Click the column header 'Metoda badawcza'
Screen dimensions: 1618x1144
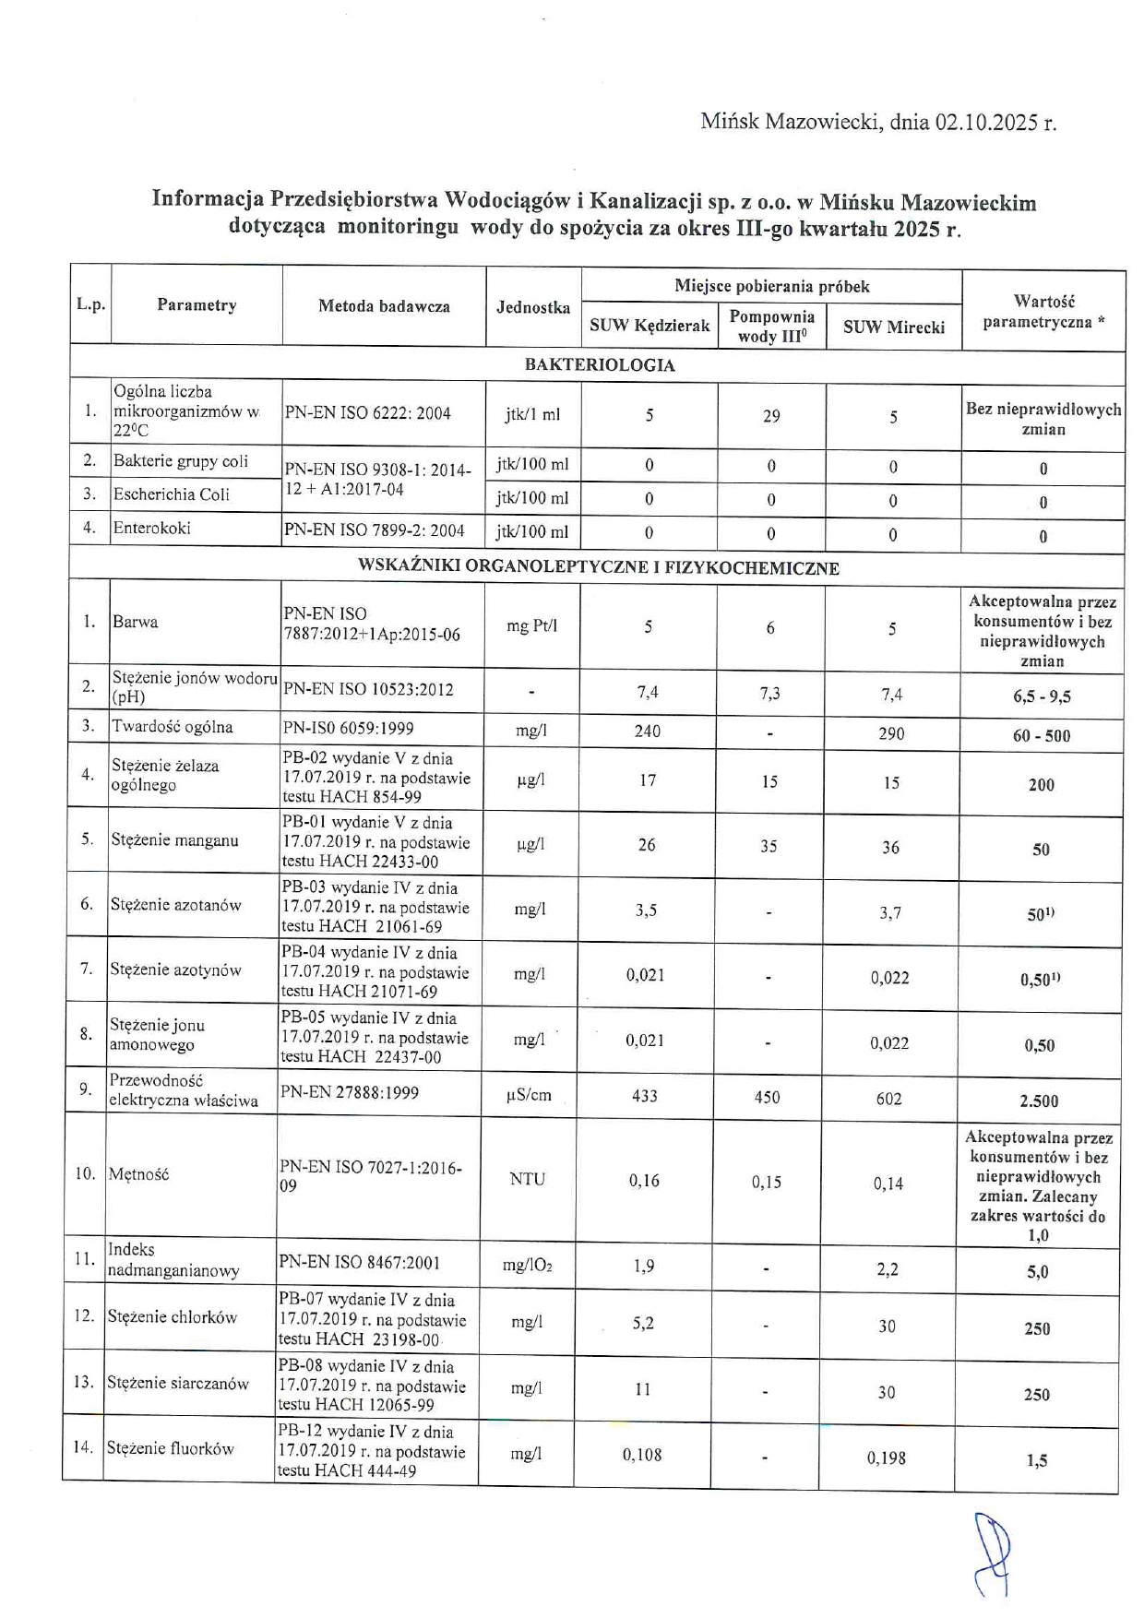pyautogui.click(x=384, y=306)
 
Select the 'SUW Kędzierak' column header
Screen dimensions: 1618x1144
pyautogui.click(x=649, y=326)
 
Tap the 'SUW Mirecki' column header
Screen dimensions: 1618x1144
pyautogui.click(x=893, y=327)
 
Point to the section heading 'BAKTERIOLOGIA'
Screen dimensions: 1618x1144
pyautogui.click(x=600, y=365)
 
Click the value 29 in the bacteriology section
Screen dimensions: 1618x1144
pyautogui.click(x=771, y=416)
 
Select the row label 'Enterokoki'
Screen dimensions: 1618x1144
pyautogui.click(x=151, y=528)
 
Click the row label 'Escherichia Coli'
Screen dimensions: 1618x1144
pyautogui.click(x=171, y=494)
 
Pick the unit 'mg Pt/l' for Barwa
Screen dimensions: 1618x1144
pyautogui.click(x=531, y=626)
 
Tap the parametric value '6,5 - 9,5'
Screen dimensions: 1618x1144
pyautogui.click(x=1042, y=696)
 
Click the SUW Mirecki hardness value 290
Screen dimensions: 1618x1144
pyautogui.click(x=891, y=733)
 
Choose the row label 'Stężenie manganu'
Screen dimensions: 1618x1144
pyautogui.click(x=174, y=840)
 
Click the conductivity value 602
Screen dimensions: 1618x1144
pyautogui.click(x=889, y=1099)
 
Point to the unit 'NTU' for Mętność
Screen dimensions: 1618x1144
pyautogui.click(x=527, y=1179)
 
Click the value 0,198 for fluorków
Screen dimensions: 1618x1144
pyautogui.click(x=887, y=1458)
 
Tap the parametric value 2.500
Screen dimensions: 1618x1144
pyautogui.click(x=1039, y=1100)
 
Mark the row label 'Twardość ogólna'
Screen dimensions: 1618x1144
pyautogui.click(x=172, y=727)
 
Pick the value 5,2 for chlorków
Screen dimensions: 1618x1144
pyautogui.click(x=643, y=1324)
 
